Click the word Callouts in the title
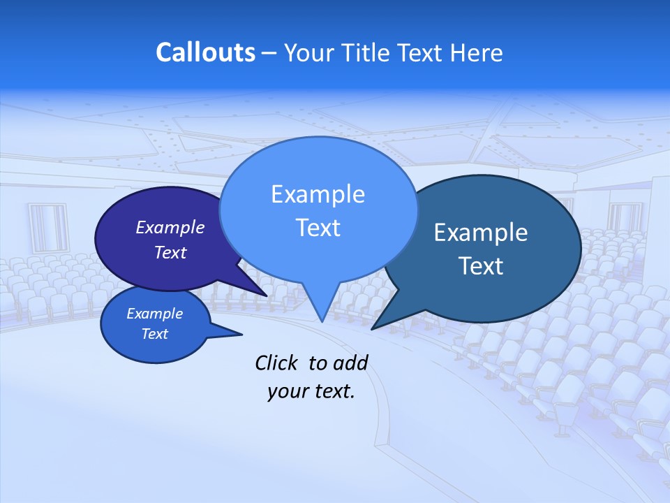point(205,53)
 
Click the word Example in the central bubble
point(318,194)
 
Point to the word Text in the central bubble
point(318,228)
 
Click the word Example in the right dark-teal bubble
point(481,233)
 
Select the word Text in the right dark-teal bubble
point(481,266)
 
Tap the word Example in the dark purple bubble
point(170,228)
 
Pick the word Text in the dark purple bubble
point(170,253)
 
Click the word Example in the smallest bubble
point(154,314)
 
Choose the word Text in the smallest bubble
point(154,334)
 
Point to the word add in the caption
point(350,363)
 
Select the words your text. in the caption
point(311,392)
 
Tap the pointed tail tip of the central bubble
point(322,321)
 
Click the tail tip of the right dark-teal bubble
point(372,329)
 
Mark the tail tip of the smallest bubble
point(241,335)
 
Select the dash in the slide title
point(269,53)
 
